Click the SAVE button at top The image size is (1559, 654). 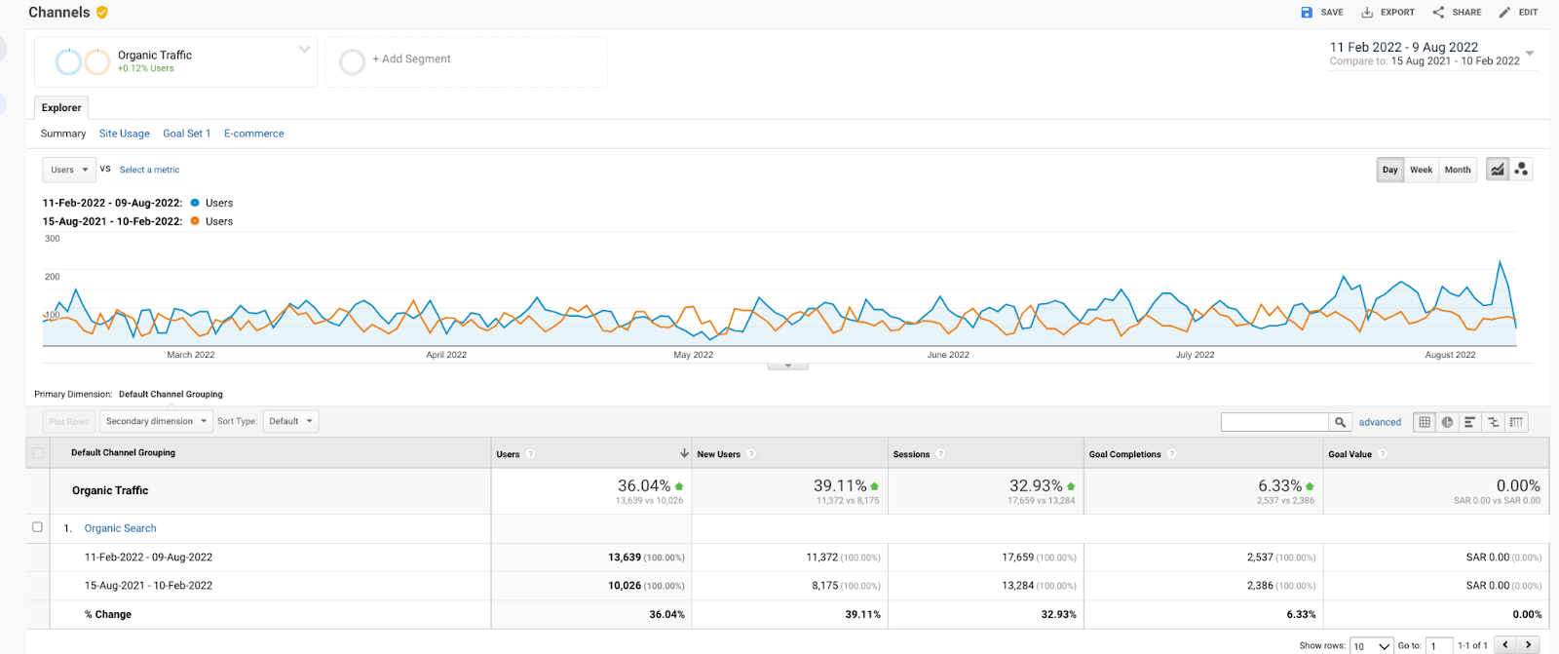(x=1322, y=13)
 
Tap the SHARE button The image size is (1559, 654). (x=1457, y=13)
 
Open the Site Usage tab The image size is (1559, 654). (x=124, y=134)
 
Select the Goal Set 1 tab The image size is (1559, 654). (x=186, y=134)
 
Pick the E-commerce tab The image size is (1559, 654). (x=253, y=134)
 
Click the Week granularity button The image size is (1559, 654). (x=1421, y=170)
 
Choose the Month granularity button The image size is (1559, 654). (x=1457, y=170)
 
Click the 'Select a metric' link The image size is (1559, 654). (x=149, y=170)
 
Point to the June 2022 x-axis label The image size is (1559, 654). (x=948, y=355)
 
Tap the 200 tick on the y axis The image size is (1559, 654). (x=53, y=277)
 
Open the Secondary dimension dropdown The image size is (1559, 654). (x=156, y=421)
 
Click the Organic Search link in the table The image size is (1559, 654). (x=120, y=528)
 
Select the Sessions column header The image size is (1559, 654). (x=911, y=454)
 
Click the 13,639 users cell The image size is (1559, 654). (x=625, y=558)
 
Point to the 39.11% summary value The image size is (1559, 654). (x=840, y=485)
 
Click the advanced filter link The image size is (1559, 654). (x=1380, y=422)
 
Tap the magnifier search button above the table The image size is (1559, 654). (x=1341, y=422)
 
